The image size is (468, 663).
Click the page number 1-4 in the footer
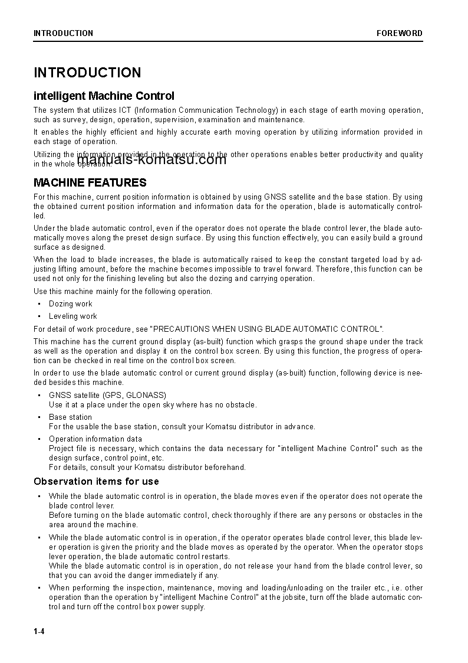(39, 632)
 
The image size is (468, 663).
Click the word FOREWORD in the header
(400, 33)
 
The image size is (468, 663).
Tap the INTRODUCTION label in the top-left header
(63, 33)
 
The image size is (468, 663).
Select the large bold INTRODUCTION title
(87, 73)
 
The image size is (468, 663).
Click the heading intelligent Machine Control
(104, 96)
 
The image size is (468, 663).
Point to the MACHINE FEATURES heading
(90, 182)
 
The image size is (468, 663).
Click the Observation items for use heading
(96, 481)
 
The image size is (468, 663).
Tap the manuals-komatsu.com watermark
(151, 159)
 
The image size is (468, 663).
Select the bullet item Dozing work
(71, 303)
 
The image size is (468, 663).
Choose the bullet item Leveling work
(73, 316)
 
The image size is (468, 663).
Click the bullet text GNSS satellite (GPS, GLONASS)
(107, 395)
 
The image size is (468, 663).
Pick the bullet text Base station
(70, 417)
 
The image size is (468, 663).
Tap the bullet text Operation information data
(95, 439)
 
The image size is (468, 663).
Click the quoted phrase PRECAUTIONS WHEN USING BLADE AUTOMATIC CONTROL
(267, 329)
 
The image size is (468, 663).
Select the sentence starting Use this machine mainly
(123, 291)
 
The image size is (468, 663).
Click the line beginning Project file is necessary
(236, 448)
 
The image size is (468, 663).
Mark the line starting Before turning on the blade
(236, 515)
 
